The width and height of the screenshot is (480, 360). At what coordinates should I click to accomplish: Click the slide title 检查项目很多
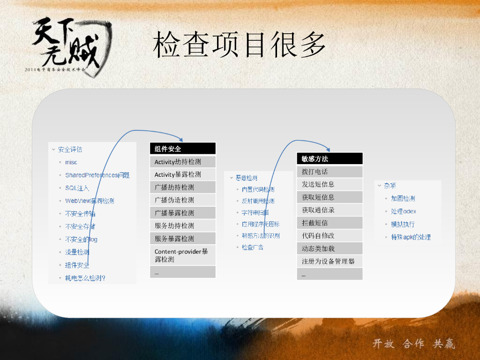[x=239, y=45]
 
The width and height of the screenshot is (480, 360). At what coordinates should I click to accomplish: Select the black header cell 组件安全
[x=182, y=149]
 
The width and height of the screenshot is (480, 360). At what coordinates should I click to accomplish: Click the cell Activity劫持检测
[x=182, y=162]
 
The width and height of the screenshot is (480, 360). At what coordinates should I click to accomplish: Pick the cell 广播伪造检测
[x=182, y=200]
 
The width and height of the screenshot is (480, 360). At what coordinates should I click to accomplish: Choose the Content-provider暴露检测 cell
[x=182, y=255]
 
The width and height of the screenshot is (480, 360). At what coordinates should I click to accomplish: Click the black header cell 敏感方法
[x=330, y=159]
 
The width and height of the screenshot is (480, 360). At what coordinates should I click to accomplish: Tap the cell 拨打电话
[x=330, y=172]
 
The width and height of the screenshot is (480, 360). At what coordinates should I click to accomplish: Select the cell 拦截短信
[x=330, y=223]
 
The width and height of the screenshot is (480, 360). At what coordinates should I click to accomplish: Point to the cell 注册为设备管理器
[x=330, y=261]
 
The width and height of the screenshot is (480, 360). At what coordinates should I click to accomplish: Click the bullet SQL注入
[x=77, y=188]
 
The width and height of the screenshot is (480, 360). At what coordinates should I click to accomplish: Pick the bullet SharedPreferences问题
[x=97, y=175]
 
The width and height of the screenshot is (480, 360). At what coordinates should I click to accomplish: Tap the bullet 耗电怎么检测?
[x=85, y=278]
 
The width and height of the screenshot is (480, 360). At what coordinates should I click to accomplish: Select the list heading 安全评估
[x=70, y=150]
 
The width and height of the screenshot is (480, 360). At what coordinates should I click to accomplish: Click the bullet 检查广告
[x=252, y=247]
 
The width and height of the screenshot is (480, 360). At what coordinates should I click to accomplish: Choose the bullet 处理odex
[x=403, y=211]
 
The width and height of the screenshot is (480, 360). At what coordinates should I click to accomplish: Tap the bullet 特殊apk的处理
[x=411, y=237]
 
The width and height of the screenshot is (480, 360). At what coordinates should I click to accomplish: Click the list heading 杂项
[x=390, y=186]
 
